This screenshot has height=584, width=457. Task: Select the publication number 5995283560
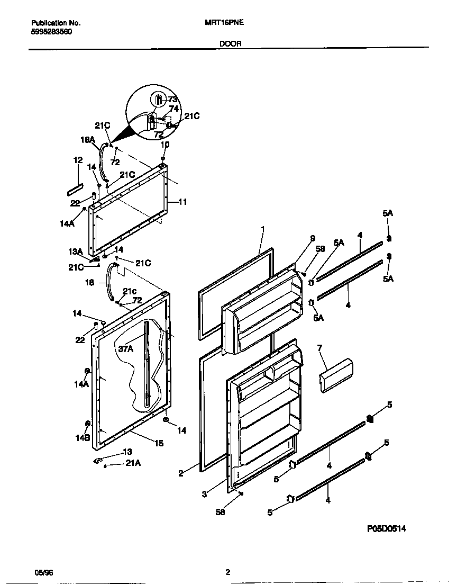[52, 32]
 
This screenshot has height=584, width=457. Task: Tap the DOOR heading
[230, 44]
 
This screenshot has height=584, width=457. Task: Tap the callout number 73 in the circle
[172, 99]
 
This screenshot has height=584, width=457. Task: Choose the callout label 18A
[88, 140]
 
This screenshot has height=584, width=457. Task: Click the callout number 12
[78, 160]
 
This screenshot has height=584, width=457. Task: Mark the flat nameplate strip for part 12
[75, 188]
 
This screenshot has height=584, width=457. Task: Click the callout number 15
[159, 443]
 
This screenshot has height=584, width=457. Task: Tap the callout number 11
[182, 202]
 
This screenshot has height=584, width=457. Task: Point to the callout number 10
[165, 145]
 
